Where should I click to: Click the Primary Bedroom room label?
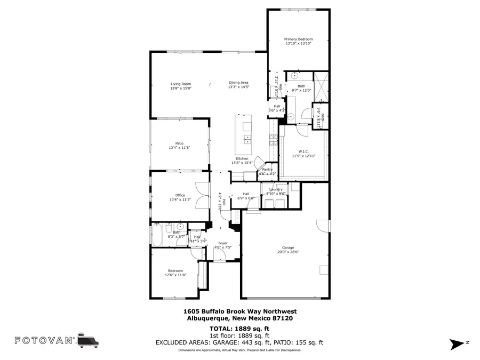click(x=298, y=39)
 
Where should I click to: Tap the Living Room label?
click(x=181, y=84)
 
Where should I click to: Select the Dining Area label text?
click(x=239, y=83)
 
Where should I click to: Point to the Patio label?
click(x=179, y=143)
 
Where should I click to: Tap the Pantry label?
click(x=267, y=170)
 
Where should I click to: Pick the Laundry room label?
click(x=276, y=189)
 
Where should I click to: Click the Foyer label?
click(x=223, y=243)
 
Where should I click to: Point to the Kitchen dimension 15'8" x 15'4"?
click(x=243, y=163)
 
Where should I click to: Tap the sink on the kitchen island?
click(x=247, y=140)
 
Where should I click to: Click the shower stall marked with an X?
click(x=321, y=86)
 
